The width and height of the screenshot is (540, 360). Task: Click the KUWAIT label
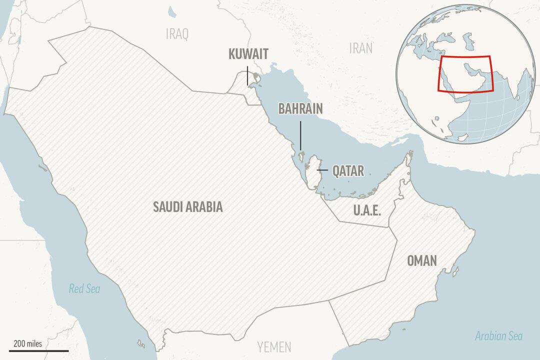tap(248, 54)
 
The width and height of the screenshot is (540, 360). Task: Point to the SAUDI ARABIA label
tap(187, 207)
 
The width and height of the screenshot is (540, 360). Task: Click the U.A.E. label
tap(367, 210)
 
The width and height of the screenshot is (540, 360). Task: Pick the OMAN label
tap(422, 260)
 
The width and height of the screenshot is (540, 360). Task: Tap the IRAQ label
tap(177, 34)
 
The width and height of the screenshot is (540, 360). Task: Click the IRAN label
tap(361, 47)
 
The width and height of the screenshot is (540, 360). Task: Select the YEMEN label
tap(274, 346)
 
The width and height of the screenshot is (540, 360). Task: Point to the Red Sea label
tap(84, 288)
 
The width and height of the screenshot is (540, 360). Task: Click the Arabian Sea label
tap(498, 336)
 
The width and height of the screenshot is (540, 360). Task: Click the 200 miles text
tap(27, 343)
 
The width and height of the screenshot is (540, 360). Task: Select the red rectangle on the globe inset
tap(465, 73)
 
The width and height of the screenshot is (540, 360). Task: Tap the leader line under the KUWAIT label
tap(247, 75)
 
